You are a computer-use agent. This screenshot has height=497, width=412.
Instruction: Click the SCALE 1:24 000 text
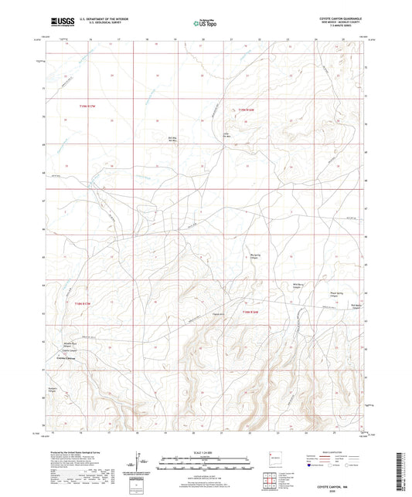pyautogui.click(x=206, y=452)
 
